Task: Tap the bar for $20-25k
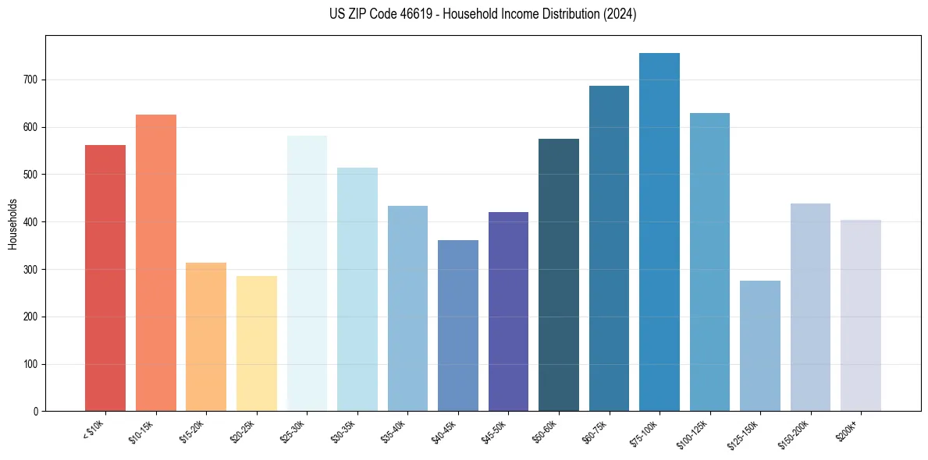257,343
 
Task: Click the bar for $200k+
861,315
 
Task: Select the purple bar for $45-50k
508,311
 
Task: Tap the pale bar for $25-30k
307,273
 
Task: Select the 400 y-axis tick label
31,222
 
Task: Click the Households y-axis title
12,224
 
